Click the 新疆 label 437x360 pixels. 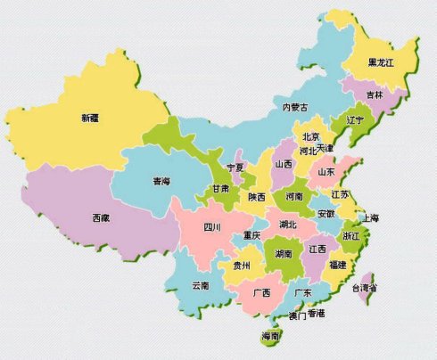pos(89,117)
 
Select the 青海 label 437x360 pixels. pos(161,181)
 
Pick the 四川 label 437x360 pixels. pos(211,227)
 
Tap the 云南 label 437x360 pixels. pos(201,285)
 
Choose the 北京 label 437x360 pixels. pos(311,136)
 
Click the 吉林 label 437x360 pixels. pos(375,94)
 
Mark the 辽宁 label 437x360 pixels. pos(354,119)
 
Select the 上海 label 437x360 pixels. pos(370,217)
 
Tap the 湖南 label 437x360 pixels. pos(284,253)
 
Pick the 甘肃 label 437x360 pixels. pos(220,189)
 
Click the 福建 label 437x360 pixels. pos(338,265)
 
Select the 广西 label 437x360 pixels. pos(261,292)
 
